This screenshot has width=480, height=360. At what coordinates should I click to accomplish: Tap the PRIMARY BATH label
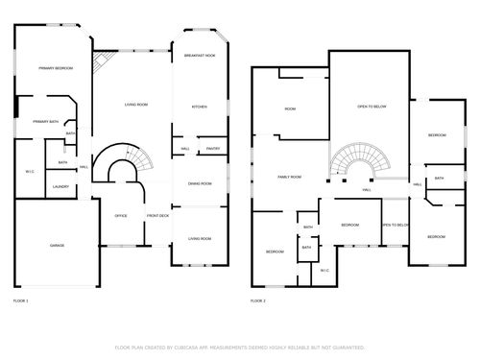pos(45,122)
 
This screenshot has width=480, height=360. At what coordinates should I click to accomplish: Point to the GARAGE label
pos(57,247)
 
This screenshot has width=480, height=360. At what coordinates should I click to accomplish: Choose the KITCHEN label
pos(199,107)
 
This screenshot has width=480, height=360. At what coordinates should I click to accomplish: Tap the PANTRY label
pos(213,149)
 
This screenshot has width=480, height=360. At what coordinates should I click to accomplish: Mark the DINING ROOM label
pos(200,183)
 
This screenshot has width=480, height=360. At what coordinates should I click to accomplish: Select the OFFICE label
pos(121,216)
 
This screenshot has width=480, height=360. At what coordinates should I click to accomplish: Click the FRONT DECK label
pos(157,216)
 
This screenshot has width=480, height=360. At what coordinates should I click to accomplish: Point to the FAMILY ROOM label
pos(289,178)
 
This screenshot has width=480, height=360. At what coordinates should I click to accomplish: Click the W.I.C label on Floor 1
pos(29,172)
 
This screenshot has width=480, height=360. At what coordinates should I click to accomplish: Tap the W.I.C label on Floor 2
pos(324,270)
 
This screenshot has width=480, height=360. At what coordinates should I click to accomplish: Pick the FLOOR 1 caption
pos(21,301)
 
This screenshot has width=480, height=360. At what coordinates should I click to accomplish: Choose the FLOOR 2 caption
pos(257,301)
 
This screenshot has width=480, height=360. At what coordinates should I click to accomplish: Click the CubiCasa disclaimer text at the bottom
pos(239,347)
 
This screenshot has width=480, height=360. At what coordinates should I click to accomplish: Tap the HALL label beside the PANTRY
pos(184,149)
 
